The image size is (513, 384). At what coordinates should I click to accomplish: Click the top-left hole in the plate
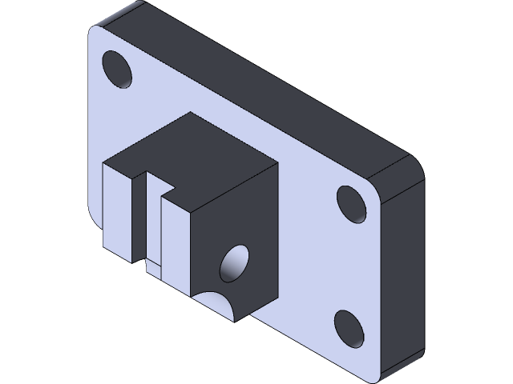(x=118, y=70)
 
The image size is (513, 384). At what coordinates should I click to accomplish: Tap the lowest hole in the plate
(x=349, y=327)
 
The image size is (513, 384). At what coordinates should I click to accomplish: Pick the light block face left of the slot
(x=116, y=212)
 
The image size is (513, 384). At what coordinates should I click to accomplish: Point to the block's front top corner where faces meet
(x=191, y=212)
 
